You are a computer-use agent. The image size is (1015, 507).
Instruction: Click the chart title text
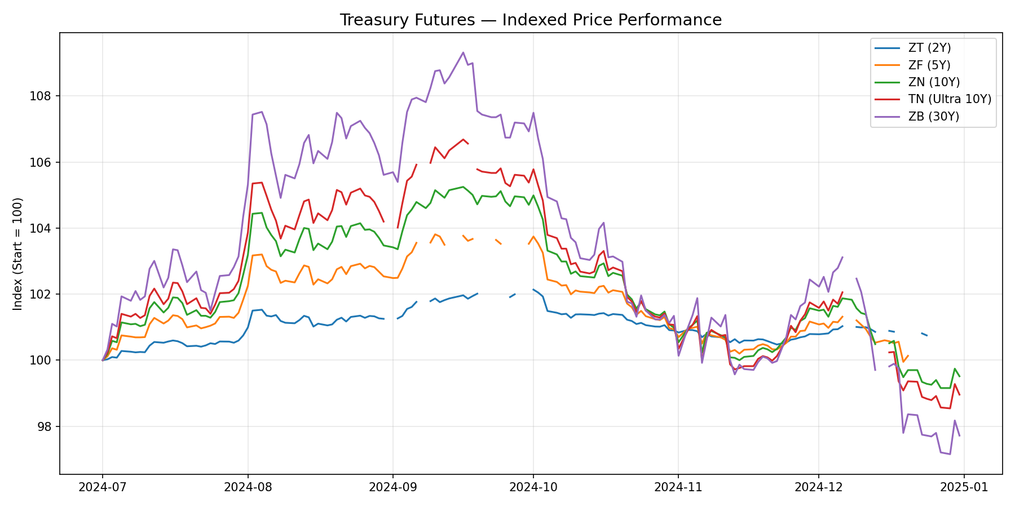coord(530,20)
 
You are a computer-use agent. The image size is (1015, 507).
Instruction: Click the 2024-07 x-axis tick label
coord(102,488)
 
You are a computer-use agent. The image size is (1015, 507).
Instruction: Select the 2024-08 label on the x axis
coord(248,488)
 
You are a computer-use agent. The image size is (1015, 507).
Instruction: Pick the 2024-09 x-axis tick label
coord(392,488)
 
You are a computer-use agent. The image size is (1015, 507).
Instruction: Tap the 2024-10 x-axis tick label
coord(533,488)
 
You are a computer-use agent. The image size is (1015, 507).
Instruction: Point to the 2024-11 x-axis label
coord(678,488)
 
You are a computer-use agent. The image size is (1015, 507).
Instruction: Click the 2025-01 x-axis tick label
coord(964,488)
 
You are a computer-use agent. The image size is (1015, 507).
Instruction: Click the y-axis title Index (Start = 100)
coord(18,253)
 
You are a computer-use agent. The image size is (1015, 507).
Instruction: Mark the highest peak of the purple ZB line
coord(463,52)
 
